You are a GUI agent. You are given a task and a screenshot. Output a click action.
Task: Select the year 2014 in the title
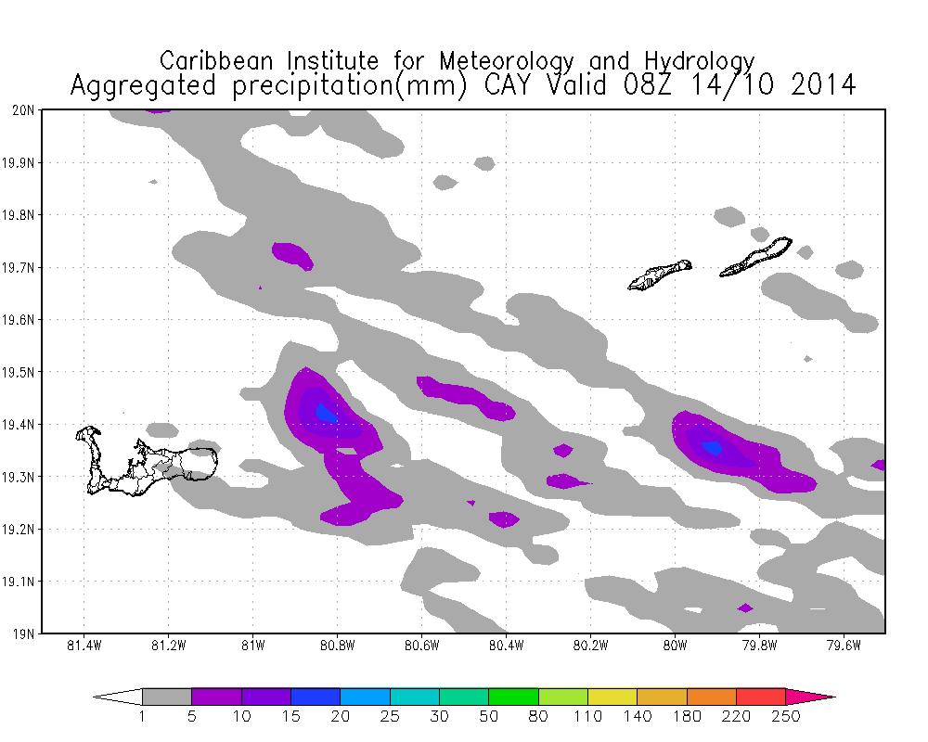point(818,86)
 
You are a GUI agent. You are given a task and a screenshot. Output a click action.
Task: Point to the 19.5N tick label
point(21,373)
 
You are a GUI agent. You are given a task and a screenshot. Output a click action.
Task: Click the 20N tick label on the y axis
point(25,110)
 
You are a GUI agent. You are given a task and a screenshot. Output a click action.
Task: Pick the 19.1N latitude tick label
point(21,582)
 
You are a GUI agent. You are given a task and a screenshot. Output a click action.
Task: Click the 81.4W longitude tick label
point(84,646)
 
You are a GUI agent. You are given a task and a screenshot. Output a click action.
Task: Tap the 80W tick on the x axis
point(675,646)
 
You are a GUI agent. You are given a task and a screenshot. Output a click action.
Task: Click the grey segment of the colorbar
point(167,697)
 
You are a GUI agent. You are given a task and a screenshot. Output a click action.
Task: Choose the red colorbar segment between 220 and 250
point(761,697)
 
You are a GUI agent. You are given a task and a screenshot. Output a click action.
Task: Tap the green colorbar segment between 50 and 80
point(513,697)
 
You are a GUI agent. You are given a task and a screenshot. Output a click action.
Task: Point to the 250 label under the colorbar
point(786,716)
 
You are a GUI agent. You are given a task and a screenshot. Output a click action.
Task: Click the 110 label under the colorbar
point(587,716)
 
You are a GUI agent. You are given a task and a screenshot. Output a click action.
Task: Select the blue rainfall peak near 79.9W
point(712,448)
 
